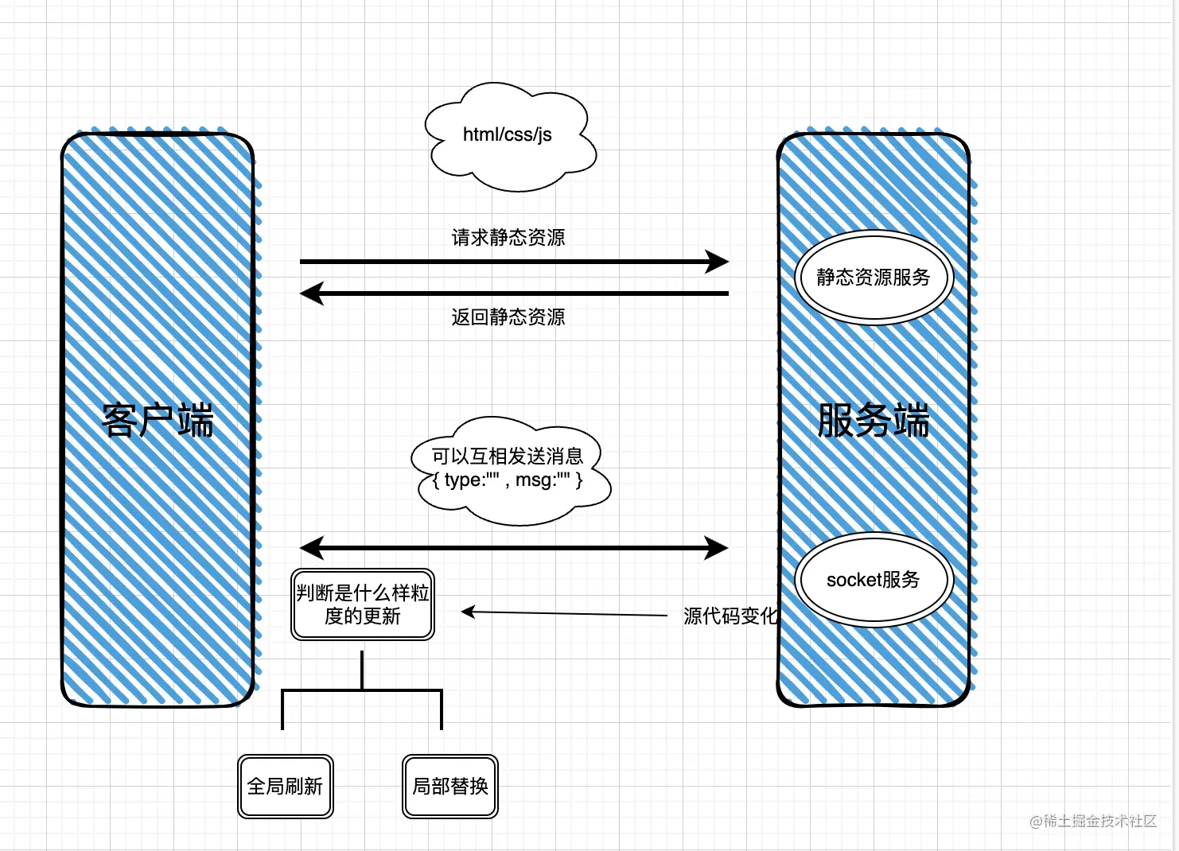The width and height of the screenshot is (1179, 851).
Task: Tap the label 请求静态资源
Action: [508, 237]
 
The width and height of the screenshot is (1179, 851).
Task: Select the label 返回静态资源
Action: [508, 317]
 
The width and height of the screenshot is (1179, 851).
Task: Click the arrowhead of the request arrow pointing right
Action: [718, 261]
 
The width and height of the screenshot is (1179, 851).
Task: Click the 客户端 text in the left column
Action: [158, 420]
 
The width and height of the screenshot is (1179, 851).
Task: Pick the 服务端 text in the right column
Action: [874, 420]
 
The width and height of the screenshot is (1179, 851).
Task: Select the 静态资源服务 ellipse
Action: [874, 277]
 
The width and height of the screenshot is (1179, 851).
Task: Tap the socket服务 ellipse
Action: [874, 579]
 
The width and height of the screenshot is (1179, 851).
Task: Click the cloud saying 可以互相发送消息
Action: [509, 457]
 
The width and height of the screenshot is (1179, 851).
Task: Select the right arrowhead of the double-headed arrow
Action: [717, 547]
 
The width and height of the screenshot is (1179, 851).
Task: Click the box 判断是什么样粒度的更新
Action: [363, 604]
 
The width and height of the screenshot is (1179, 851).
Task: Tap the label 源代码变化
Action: [730, 616]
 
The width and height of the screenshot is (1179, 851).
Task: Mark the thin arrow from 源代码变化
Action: [565, 613]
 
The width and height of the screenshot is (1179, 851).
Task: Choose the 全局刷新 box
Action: [285, 786]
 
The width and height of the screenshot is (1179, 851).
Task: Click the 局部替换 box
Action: [450, 786]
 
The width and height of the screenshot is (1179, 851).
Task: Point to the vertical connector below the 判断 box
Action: [362, 670]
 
